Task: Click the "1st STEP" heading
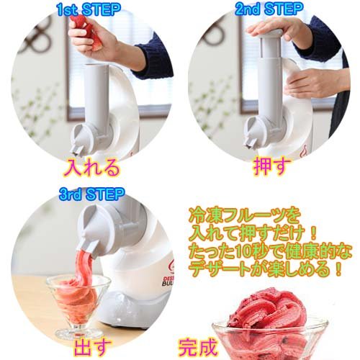pos(89,10)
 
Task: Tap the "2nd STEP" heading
pos(269,9)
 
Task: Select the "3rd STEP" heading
pos(92,194)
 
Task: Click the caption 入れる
pos(91,167)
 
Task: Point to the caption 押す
pos(271,166)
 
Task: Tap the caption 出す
pos(92,347)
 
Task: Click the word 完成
pos(197,347)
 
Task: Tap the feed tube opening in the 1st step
pos(96,66)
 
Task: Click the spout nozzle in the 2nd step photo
pos(250,145)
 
